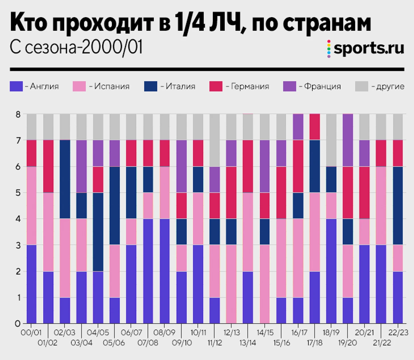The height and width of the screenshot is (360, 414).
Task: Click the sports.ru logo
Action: (x=366, y=48)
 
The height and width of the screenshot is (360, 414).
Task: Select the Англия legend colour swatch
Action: (x=16, y=86)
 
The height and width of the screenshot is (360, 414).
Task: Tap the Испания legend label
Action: (x=112, y=86)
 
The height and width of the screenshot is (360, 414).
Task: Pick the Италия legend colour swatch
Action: (x=151, y=86)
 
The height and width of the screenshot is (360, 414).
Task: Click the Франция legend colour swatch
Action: (x=290, y=86)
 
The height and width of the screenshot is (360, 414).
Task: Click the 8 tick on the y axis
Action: (x=18, y=114)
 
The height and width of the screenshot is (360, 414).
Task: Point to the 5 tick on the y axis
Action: (x=18, y=193)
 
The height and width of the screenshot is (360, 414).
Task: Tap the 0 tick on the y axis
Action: (x=18, y=323)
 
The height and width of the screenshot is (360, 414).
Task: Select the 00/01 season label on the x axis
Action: (x=31, y=333)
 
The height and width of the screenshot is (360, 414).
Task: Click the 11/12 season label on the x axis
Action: (x=215, y=343)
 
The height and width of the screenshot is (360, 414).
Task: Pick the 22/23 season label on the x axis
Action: (x=398, y=333)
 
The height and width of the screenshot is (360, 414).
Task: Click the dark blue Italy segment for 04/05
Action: (x=98, y=232)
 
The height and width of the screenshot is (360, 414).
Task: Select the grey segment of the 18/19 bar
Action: (x=331, y=140)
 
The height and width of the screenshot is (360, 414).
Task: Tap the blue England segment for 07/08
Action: (x=148, y=271)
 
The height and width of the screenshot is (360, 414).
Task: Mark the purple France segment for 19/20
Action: (x=348, y=140)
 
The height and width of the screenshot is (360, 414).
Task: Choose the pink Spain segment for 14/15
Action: (x=265, y=284)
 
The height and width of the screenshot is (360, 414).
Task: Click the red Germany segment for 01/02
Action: (x=48, y=166)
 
